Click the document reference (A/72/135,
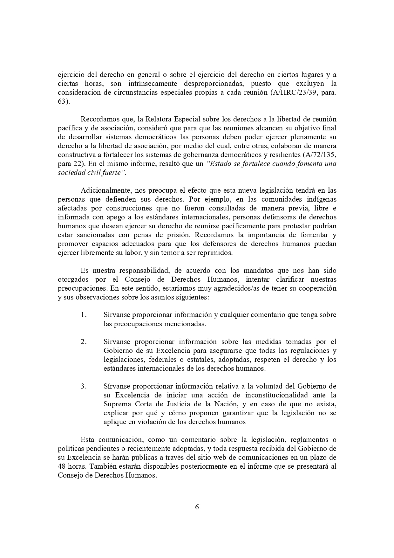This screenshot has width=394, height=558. coord(319,155)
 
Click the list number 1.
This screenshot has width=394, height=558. coord(84,315)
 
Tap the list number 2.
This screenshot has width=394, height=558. coord(84,342)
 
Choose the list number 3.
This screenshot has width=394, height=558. coord(84,386)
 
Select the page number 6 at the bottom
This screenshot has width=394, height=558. coord(197,507)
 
